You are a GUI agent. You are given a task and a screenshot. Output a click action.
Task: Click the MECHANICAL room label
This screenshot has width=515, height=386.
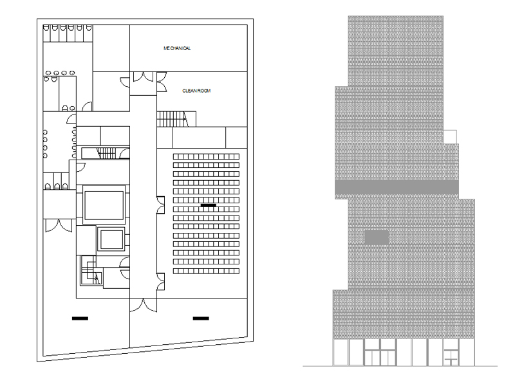[177, 48]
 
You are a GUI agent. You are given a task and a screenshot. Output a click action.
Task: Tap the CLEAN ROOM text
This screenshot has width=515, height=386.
[196, 91]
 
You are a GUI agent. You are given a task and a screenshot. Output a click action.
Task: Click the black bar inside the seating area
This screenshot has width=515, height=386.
[208, 205]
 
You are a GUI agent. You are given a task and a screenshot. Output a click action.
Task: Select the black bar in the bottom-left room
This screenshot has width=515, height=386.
[80, 318]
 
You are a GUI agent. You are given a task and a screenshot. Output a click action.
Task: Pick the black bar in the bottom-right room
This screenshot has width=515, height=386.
[201, 318]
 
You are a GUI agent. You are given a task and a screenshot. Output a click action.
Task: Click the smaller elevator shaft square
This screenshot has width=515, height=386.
[111, 239]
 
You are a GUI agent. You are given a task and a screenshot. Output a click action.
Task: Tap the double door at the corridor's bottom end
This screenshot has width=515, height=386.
[143, 305]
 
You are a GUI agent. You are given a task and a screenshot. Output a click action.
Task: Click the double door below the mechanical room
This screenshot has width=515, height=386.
[143, 77]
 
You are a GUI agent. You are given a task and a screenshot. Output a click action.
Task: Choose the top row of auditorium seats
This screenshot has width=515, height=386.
[206, 156]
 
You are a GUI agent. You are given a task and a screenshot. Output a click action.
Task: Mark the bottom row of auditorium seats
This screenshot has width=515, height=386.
[206, 271]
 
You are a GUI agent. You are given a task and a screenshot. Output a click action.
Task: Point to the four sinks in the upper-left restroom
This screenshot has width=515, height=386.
[60, 73]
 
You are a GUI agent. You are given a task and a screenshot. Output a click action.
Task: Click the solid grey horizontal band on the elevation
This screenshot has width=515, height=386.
[397, 187]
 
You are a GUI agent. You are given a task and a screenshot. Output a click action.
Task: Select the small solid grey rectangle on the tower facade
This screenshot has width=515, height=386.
[377, 237]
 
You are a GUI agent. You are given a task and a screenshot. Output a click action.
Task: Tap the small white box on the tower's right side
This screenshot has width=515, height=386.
[450, 136]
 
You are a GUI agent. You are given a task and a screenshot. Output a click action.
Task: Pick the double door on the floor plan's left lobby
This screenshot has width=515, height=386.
[59, 226]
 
